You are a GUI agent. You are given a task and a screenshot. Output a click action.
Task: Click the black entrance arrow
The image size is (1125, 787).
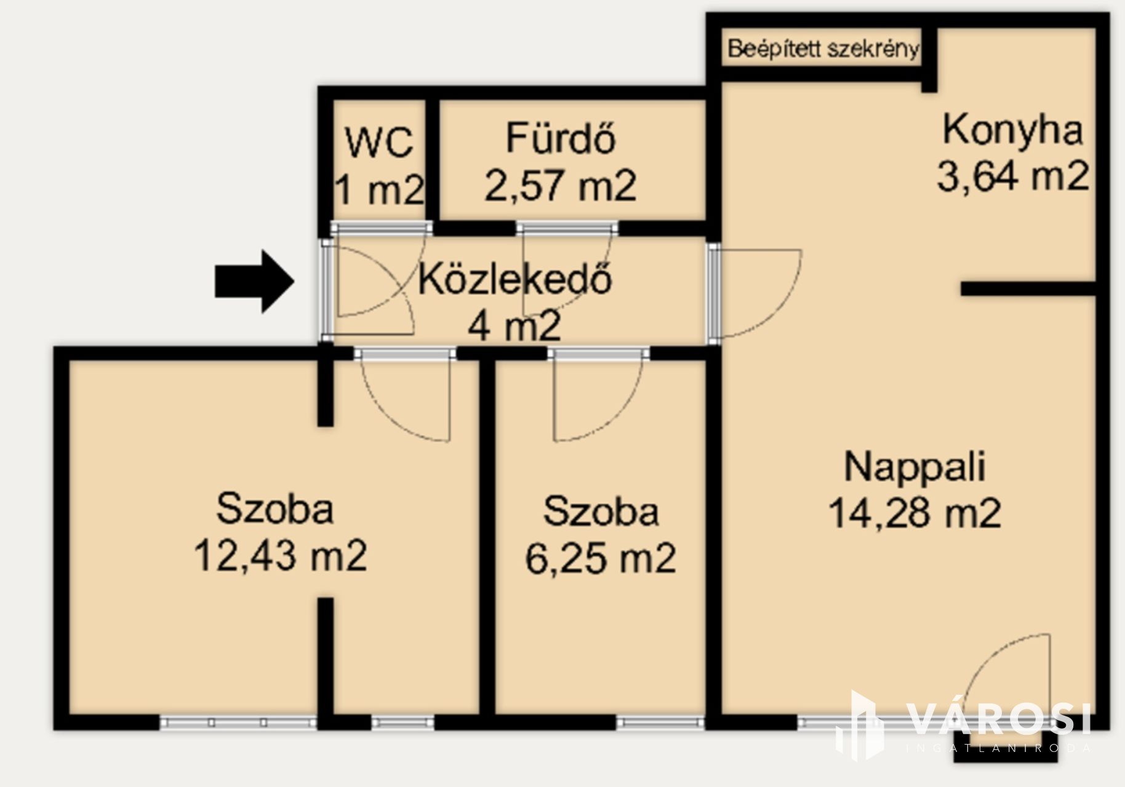[x=254, y=282]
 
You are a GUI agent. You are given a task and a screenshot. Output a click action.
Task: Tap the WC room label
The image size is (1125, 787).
[x=379, y=143]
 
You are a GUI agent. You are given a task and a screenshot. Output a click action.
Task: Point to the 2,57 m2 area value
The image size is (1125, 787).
[x=561, y=186]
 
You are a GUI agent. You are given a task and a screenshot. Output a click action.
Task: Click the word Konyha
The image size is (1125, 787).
[x=1012, y=130]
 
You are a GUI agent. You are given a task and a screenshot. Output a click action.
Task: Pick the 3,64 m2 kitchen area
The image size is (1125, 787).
[x=1013, y=176]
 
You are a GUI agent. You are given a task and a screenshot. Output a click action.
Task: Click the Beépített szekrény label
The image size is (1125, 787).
[x=823, y=49]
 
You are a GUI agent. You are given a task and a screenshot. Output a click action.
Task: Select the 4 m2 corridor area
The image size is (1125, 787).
[x=514, y=326]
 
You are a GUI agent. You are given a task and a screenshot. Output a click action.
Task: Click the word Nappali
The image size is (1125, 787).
[x=915, y=467]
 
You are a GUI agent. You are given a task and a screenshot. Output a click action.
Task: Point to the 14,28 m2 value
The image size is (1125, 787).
[x=915, y=513]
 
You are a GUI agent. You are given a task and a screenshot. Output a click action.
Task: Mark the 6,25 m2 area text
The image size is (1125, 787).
[x=601, y=558]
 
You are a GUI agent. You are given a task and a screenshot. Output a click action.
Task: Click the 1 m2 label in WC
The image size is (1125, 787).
[x=379, y=189]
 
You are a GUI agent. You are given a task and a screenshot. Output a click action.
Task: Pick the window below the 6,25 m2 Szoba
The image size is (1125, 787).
[x=661, y=722]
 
